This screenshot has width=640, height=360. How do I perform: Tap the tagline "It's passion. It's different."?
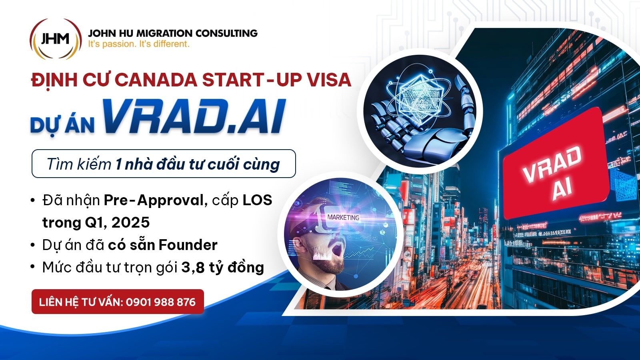pyautogui.click(x=139, y=44)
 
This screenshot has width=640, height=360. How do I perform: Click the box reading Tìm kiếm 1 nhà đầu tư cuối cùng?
pyautogui.click(x=163, y=164)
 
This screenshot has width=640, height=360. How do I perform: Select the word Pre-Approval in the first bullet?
pyautogui.click(x=153, y=200)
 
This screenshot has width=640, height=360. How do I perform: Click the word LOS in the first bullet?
pyautogui.click(x=257, y=200)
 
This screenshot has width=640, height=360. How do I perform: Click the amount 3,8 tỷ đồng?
pyautogui.click(x=222, y=267)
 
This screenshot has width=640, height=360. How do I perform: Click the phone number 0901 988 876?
pyautogui.click(x=160, y=302)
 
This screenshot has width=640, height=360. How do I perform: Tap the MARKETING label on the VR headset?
pyautogui.click(x=343, y=217)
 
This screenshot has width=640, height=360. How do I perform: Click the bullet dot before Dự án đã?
pyautogui.click(x=33, y=245)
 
